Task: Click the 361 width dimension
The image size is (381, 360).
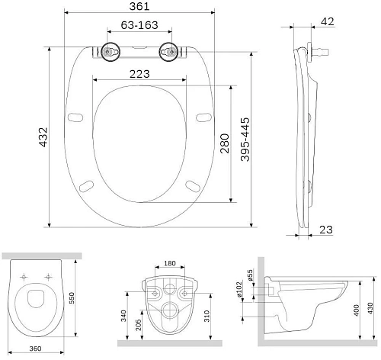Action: point(138,7)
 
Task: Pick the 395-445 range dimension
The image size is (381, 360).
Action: point(245,139)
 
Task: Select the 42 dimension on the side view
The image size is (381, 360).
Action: point(328,22)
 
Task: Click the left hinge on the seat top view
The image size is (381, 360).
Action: point(110,53)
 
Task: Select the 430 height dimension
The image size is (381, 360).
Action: point(371,306)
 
